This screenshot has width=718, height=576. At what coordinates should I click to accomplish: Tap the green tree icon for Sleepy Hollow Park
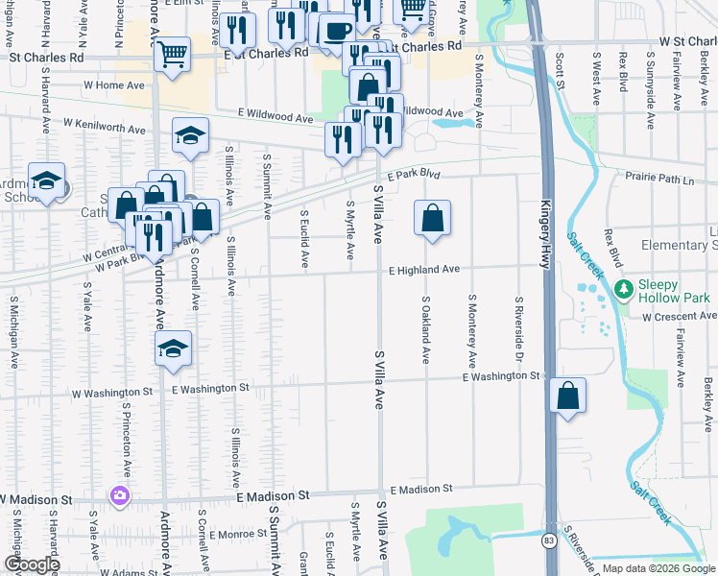point(624,287)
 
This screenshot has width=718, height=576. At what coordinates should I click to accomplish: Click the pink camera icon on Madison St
point(120,495)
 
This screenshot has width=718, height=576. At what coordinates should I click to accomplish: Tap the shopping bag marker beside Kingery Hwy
point(568,396)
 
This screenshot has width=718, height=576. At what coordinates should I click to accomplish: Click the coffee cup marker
point(336,31)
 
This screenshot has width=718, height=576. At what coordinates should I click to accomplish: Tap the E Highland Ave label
point(424,271)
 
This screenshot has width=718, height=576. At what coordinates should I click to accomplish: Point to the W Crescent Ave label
point(679,316)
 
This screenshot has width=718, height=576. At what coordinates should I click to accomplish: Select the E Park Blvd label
point(414,177)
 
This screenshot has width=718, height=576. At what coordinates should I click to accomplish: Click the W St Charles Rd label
point(687,42)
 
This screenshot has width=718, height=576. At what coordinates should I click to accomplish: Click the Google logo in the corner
point(31,564)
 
